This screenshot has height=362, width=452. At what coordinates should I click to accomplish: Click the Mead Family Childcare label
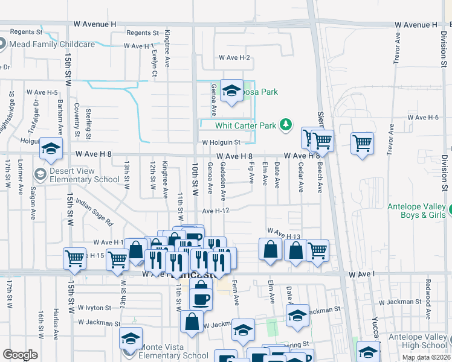53,44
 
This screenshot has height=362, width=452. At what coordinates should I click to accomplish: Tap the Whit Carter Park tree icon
286,125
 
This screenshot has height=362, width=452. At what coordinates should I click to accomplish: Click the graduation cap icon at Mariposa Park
230,92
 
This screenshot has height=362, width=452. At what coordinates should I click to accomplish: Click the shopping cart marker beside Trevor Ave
362,144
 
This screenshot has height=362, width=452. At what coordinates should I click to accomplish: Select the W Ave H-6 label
422,117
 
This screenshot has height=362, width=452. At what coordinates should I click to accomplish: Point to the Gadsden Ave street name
223,181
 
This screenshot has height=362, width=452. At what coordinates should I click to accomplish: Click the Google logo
20,355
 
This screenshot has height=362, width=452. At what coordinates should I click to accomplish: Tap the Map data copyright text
425,357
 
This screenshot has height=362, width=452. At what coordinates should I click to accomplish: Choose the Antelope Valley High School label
416,341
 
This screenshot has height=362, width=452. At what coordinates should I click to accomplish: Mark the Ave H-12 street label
216,211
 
